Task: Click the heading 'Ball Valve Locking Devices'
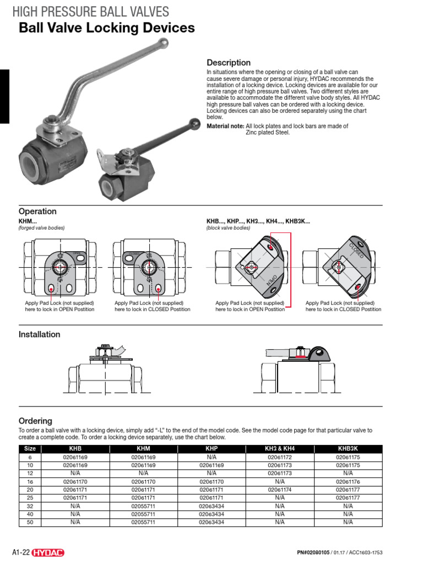pyautogui.click(x=106, y=28)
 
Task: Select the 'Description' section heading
pyautogui.click(x=228, y=63)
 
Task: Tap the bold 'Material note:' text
pyautogui.click(x=225, y=126)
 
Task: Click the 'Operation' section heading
pyautogui.click(x=37, y=211)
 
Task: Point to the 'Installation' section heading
pyautogui.click(x=40, y=334)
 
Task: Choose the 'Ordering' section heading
pyautogui.click(x=35, y=421)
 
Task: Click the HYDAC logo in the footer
pyautogui.click(x=50, y=552)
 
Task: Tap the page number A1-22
pyautogui.click(x=20, y=552)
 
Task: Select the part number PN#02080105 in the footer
pyautogui.click(x=313, y=552)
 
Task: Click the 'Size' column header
pyautogui.click(x=30, y=449)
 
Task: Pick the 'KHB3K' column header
pyautogui.click(x=348, y=449)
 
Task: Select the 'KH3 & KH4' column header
pyautogui.click(x=279, y=449)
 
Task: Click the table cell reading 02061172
pyautogui.click(x=279, y=457)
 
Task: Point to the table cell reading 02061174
pyautogui.click(x=279, y=489)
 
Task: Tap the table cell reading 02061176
pyautogui.click(x=348, y=481)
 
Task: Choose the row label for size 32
pyautogui.click(x=30, y=505)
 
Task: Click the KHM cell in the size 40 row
pyautogui.click(x=143, y=513)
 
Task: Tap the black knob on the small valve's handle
pyautogui.click(x=194, y=123)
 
